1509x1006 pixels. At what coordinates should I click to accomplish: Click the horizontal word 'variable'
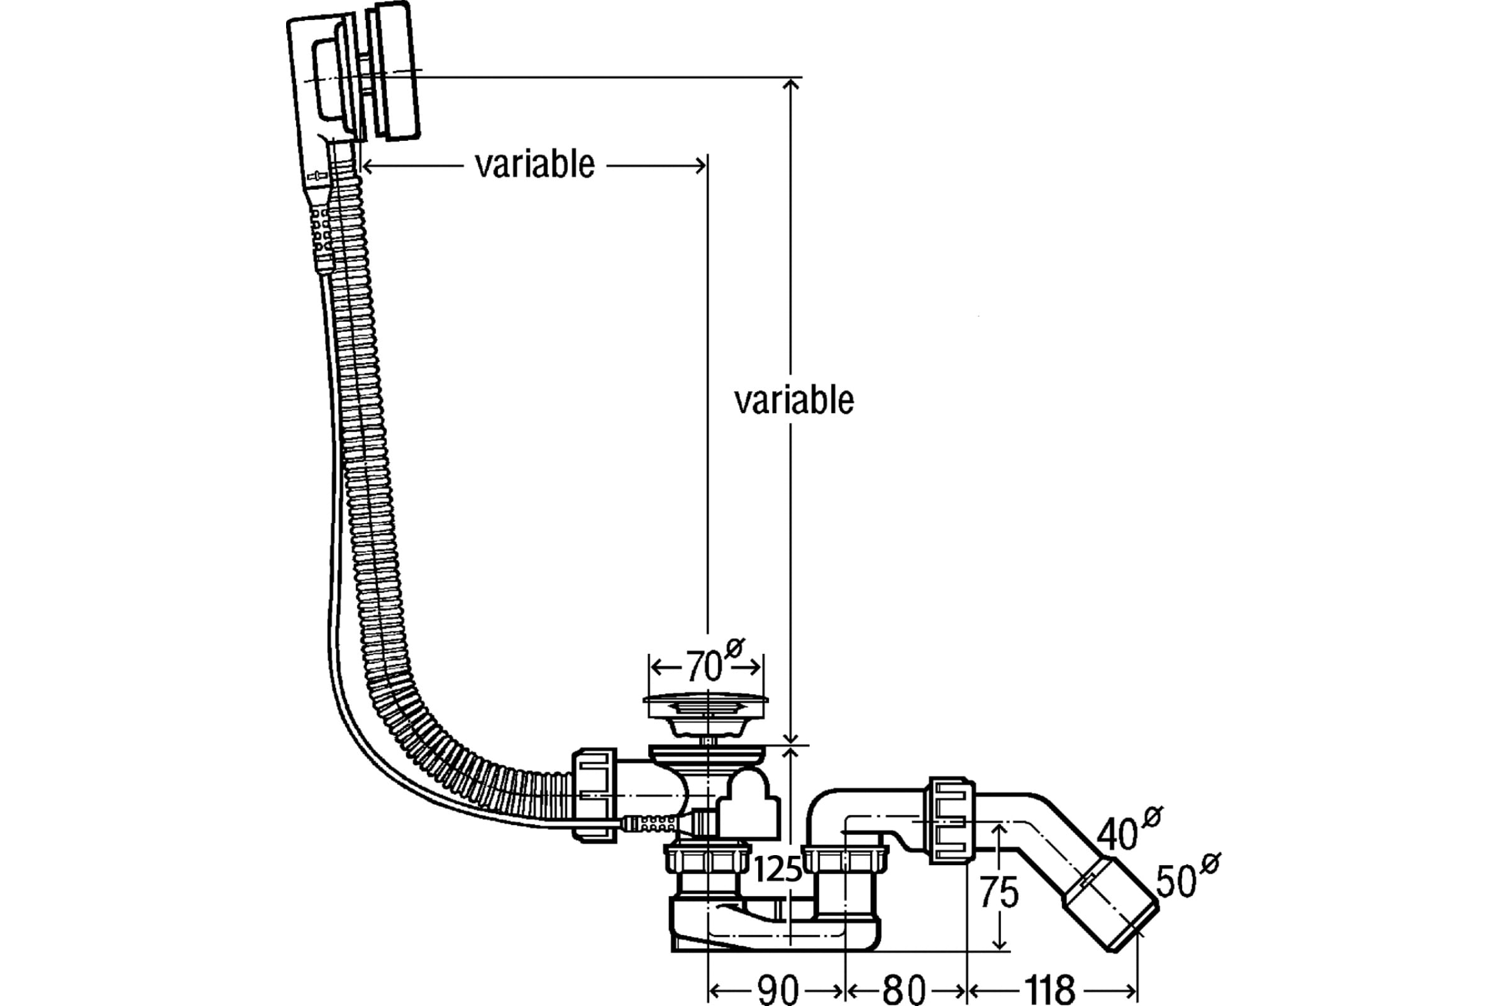tap(534, 165)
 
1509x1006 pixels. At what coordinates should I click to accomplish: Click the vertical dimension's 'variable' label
tap(794, 401)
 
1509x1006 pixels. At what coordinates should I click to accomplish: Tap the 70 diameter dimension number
tap(704, 666)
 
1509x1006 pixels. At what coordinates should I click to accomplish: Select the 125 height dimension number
tap(778, 870)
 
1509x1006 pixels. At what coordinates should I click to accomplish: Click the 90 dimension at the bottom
tap(778, 990)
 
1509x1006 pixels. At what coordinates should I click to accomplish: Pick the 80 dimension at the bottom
tap(904, 990)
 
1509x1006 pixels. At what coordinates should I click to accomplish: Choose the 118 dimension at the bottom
tap(1049, 990)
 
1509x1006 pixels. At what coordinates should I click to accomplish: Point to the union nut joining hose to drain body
tap(594, 795)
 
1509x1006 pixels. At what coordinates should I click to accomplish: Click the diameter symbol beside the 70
tap(734, 649)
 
